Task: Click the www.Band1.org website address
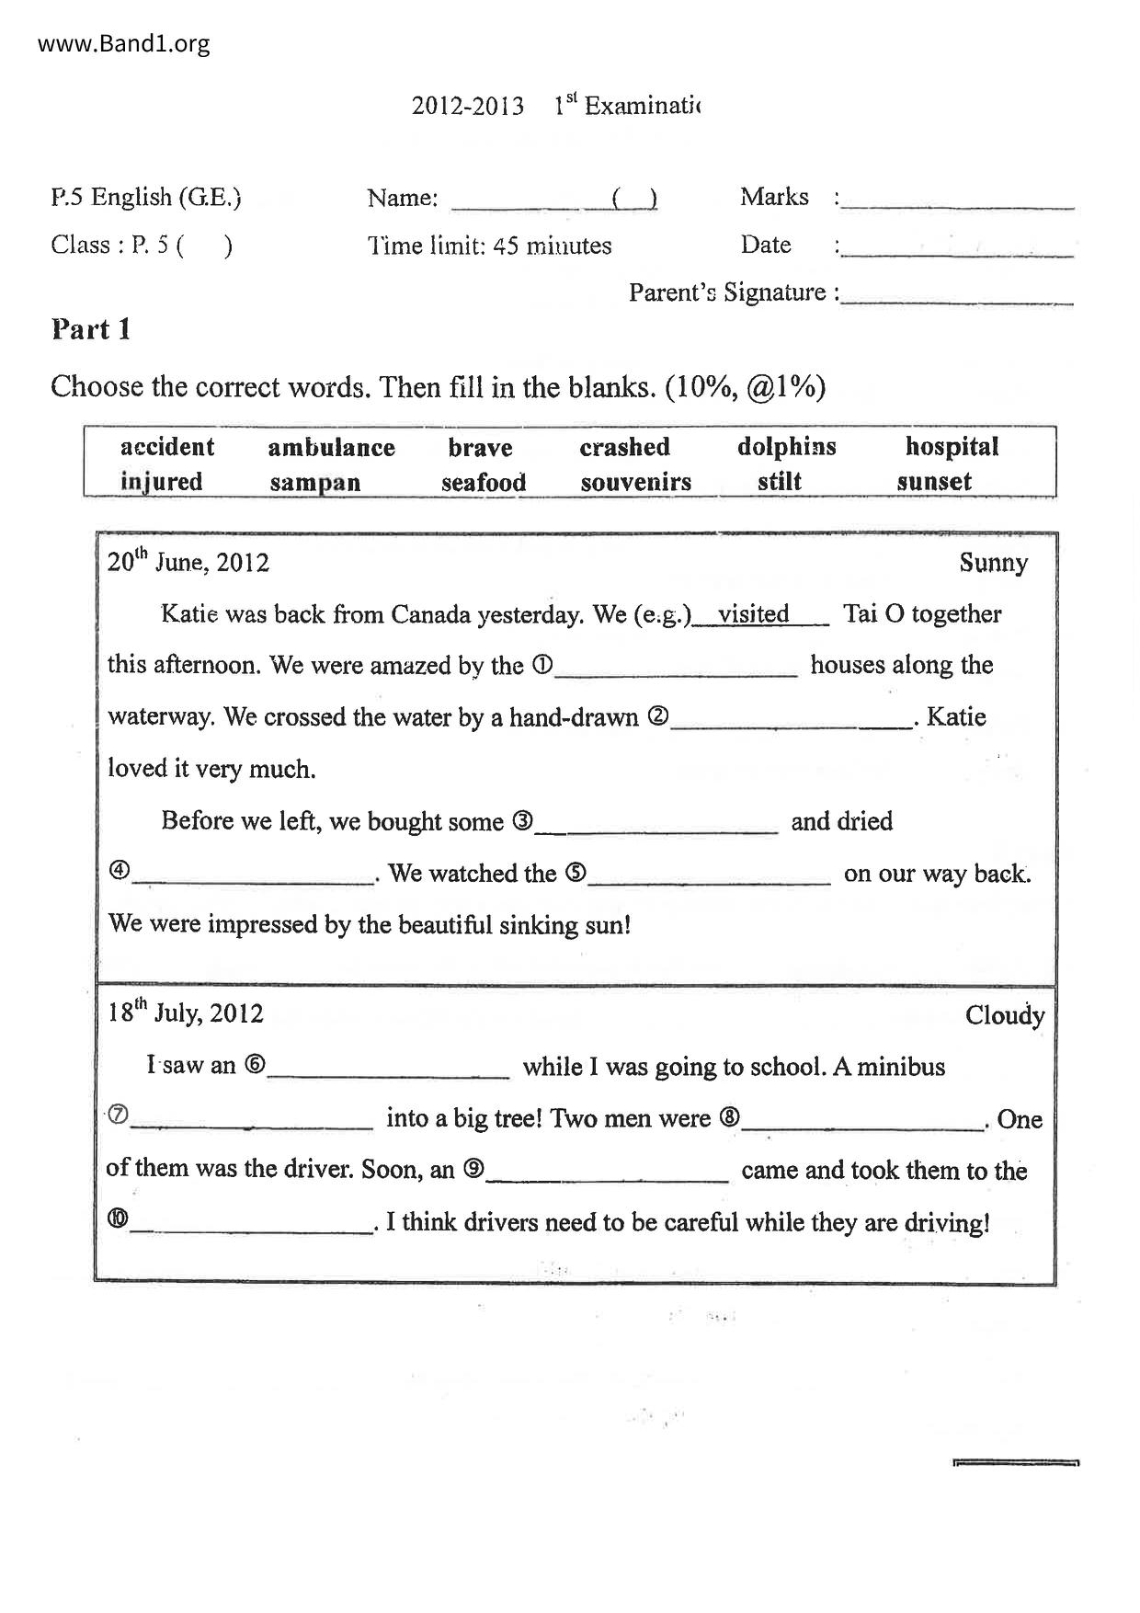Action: (x=124, y=43)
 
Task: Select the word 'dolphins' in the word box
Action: (x=786, y=447)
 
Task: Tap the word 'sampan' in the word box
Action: (x=314, y=483)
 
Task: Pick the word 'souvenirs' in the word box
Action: (x=635, y=482)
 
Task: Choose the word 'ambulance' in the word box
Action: (x=331, y=448)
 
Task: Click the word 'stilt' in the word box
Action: (x=779, y=481)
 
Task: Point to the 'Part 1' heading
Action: (x=90, y=329)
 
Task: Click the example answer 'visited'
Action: (x=753, y=614)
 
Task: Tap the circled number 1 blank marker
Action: (x=542, y=665)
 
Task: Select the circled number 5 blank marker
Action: (x=576, y=873)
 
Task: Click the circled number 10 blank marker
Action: (x=119, y=1220)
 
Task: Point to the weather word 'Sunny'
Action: (x=993, y=563)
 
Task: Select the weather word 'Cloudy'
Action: (x=1004, y=1015)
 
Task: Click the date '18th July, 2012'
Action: (x=185, y=1012)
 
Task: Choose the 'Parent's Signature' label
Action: (x=733, y=292)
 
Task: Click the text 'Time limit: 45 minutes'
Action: (x=489, y=246)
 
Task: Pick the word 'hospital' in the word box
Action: (x=952, y=447)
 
